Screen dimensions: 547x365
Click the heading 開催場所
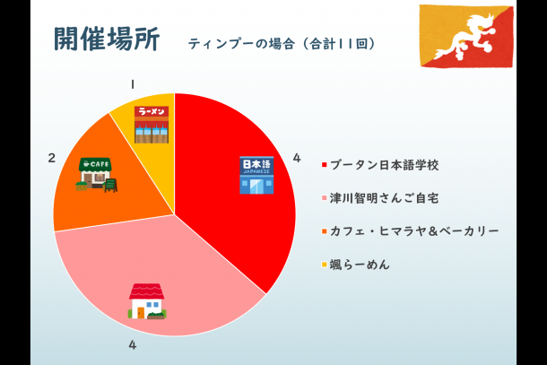(x=107, y=39)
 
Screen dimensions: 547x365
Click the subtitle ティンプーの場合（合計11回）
(x=282, y=44)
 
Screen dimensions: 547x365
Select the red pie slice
(x=238, y=181)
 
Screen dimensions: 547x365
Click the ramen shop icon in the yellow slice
(x=152, y=125)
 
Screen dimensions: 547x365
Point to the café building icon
(x=95, y=174)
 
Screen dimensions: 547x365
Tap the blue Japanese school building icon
(x=256, y=175)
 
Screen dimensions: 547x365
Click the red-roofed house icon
(x=147, y=300)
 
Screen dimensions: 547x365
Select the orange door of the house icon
(x=141, y=312)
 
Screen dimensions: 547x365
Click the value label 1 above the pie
(x=133, y=84)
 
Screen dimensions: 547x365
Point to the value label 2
(x=52, y=158)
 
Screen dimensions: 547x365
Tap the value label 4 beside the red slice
(x=297, y=158)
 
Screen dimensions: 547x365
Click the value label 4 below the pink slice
(x=132, y=345)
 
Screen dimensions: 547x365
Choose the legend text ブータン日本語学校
(x=384, y=165)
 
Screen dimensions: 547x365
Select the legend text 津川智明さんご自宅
(x=384, y=198)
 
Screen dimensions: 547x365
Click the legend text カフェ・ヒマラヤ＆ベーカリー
(x=414, y=231)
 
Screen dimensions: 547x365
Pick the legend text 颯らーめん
(x=360, y=265)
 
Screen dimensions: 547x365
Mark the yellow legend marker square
(x=324, y=265)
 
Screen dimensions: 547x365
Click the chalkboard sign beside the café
(x=110, y=186)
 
